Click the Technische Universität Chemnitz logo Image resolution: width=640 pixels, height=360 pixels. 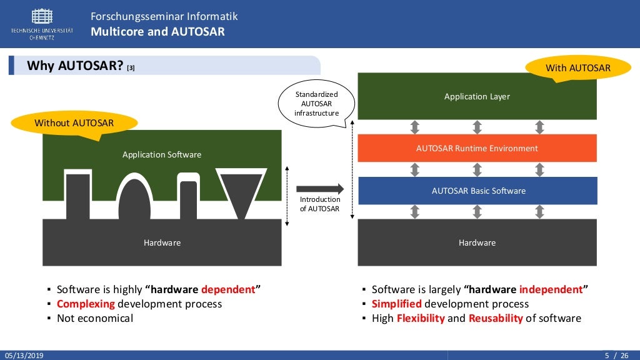coord(42,24)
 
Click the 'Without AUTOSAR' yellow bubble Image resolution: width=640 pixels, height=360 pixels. coord(74,122)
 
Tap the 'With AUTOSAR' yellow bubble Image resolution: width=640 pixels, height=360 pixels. coord(578,67)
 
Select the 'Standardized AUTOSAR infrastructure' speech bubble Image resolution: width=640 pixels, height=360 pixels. coord(316,104)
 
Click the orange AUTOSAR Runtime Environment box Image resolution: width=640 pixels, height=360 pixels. coord(477,148)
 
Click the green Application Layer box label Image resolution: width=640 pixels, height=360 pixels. coord(477,96)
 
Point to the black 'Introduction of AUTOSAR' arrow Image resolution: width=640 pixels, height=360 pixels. coord(319,188)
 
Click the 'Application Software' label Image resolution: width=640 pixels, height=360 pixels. coord(162,154)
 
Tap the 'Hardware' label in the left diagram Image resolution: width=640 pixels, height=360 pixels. coord(162,242)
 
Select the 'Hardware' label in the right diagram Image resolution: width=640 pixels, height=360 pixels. coord(477,242)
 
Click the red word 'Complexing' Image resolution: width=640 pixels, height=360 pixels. coord(86,304)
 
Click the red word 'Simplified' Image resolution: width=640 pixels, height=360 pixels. coord(397,304)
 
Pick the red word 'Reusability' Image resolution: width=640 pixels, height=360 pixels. coord(496,318)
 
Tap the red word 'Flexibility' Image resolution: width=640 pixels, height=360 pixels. coord(421,318)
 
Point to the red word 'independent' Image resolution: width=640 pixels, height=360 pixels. coord(551,289)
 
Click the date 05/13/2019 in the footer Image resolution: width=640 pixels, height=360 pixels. coord(24,356)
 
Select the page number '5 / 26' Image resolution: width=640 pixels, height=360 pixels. coord(616,356)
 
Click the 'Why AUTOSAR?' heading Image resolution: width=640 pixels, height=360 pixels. coord(75,66)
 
